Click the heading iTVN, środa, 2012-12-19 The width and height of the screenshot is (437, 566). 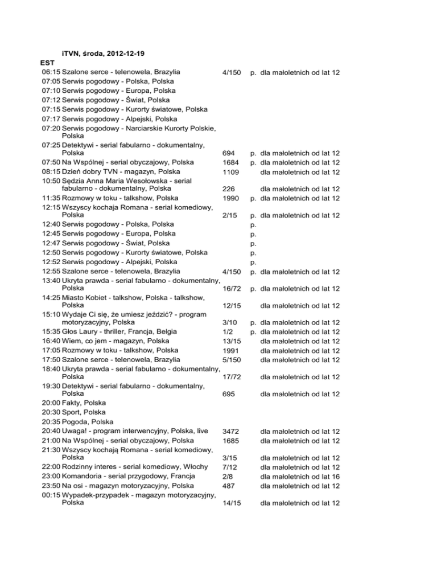(x=103, y=54)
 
